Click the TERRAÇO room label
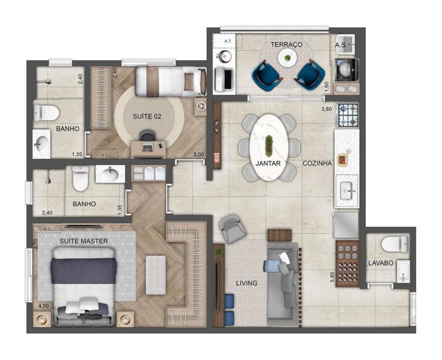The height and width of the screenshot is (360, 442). click(286, 45)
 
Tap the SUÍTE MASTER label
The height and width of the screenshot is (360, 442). click(84, 241)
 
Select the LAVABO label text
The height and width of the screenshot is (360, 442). click(381, 263)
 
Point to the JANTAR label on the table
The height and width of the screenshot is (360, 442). click(268, 163)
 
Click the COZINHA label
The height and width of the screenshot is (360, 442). click(317, 163)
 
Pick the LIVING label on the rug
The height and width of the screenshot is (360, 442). click(246, 283)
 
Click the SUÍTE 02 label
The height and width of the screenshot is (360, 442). click(147, 117)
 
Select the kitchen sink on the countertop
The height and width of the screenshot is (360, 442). click(347, 191)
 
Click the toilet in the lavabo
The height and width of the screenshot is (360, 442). click(394, 244)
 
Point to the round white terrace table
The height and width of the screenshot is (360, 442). click(287, 59)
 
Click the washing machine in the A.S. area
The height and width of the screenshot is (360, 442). click(346, 70)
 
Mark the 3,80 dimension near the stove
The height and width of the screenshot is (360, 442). click(327, 109)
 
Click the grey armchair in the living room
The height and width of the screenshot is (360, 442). click(233, 229)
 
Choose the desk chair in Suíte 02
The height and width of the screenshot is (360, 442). click(148, 136)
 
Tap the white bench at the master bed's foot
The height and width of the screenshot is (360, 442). click(156, 275)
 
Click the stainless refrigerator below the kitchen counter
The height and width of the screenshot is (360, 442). click(346, 225)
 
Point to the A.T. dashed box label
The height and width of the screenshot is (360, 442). click(228, 41)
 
